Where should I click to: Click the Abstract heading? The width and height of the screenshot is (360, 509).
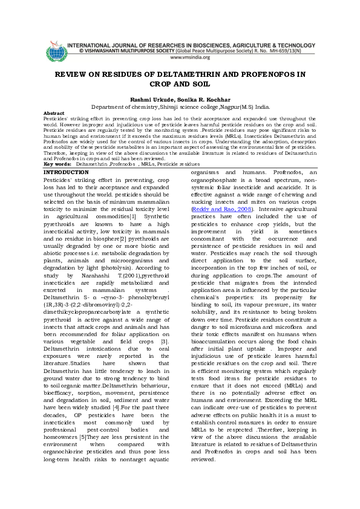coord(54,113)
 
